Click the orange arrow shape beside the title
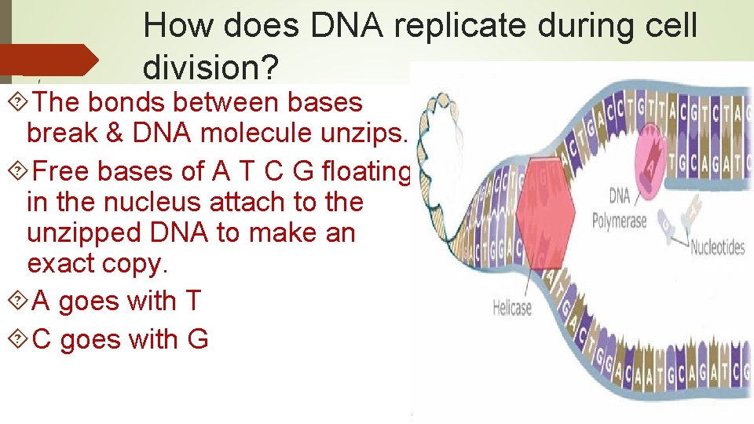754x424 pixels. pyautogui.click(x=49, y=60)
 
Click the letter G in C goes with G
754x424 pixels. pyautogui.click(x=197, y=339)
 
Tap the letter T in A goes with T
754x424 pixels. pyautogui.click(x=192, y=301)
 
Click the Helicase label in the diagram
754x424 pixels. pyautogui.click(x=512, y=309)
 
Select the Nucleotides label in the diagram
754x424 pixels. pyautogui.click(x=717, y=248)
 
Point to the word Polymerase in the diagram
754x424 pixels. pyautogui.click(x=620, y=221)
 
